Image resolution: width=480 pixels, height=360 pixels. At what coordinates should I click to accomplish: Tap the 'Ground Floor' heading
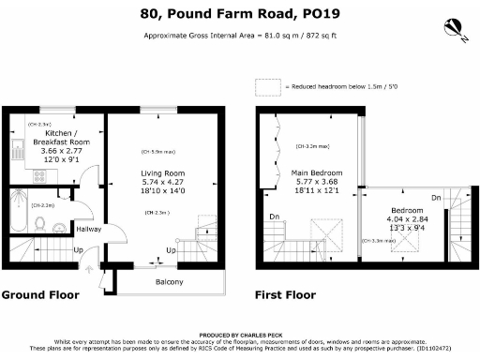click(40, 294)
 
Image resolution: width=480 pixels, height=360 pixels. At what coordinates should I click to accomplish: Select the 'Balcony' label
click(170, 282)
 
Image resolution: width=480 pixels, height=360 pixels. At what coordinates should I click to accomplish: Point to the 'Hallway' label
click(89, 229)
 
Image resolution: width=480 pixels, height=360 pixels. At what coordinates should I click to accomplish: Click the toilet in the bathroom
click(40, 222)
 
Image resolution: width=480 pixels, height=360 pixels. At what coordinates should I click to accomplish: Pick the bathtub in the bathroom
click(20, 211)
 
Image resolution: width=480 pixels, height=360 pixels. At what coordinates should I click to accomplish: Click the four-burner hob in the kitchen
click(40, 175)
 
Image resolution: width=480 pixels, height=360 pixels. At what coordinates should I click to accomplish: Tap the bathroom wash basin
click(59, 225)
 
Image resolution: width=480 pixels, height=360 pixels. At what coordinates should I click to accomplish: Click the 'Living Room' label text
click(163, 173)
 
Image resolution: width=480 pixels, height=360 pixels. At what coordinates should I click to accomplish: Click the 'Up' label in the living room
click(170, 251)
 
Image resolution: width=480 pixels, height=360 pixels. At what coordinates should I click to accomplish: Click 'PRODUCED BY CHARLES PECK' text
click(239, 335)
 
